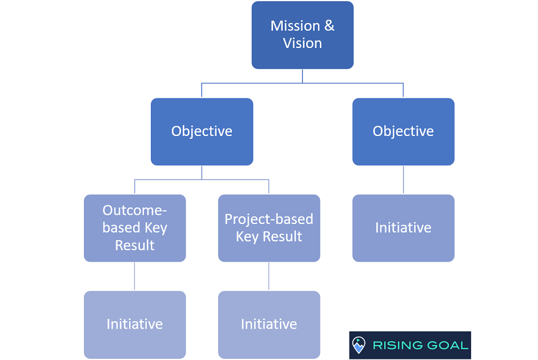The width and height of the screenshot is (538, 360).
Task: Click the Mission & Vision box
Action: (x=302, y=35)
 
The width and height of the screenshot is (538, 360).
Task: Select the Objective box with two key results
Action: (x=202, y=132)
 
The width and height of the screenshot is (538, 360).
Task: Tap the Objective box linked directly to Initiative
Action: (x=403, y=132)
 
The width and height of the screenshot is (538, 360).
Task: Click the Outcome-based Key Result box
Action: (x=135, y=228)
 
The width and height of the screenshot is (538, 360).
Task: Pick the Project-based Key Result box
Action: (x=269, y=228)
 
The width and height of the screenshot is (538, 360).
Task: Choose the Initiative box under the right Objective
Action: (x=403, y=228)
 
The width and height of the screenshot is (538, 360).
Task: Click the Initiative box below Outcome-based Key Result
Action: (x=135, y=325)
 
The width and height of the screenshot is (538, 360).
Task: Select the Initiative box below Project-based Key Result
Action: (x=269, y=325)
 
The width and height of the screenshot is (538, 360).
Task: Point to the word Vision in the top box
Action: (x=302, y=43)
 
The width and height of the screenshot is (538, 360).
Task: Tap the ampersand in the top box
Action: (x=329, y=26)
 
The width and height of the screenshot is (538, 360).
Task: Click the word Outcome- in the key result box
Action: (x=135, y=210)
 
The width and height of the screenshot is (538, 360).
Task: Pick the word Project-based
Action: (x=268, y=219)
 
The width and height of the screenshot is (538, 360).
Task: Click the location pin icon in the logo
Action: (x=359, y=345)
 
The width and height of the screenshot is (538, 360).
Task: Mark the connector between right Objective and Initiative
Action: (x=403, y=180)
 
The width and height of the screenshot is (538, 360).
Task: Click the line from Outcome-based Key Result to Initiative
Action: (x=135, y=276)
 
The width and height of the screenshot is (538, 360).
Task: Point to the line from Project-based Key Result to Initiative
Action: (x=268, y=276)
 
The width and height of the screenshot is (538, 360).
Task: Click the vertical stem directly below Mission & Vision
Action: (x=302, y=76)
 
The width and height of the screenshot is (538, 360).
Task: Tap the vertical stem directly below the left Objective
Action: (x=202, y=172)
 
